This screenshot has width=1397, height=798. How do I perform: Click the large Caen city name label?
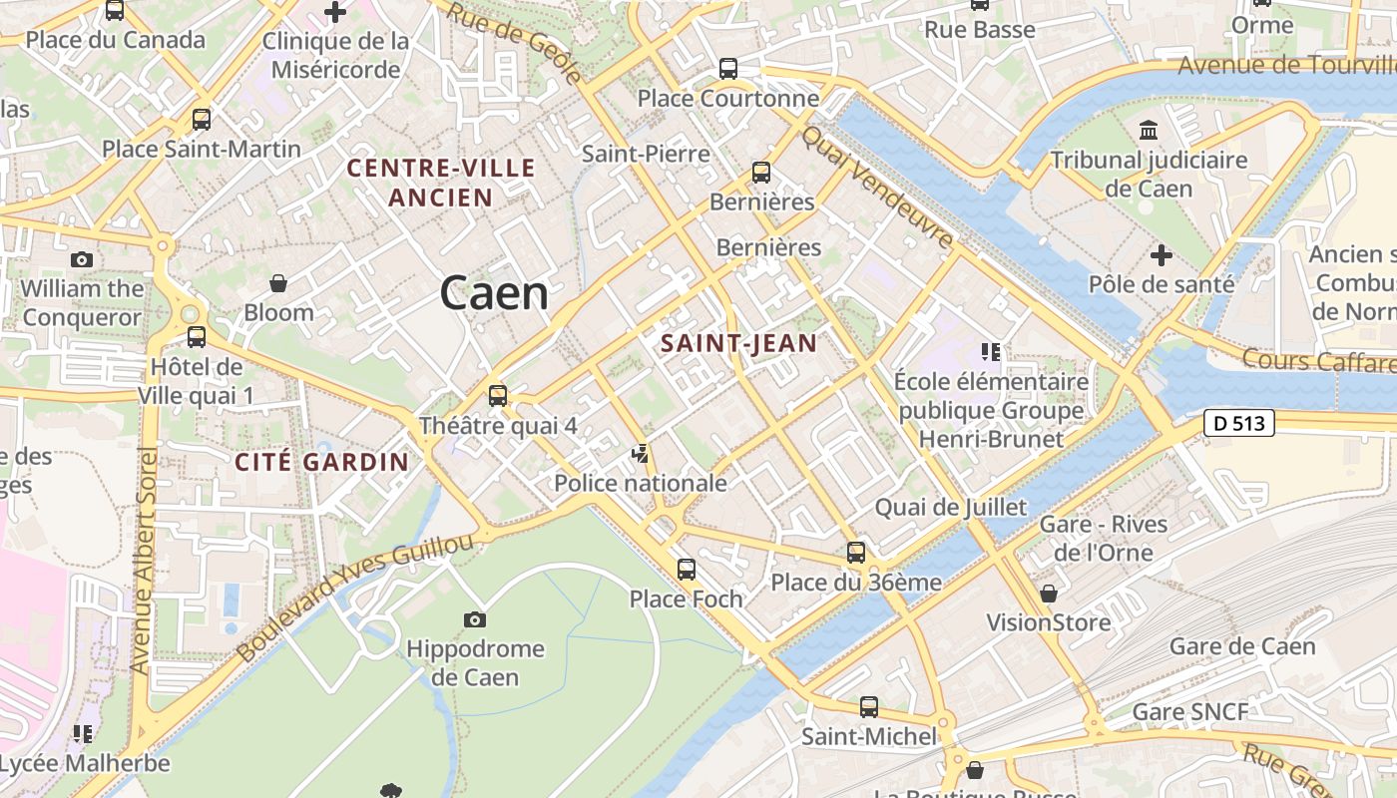pos(494,294)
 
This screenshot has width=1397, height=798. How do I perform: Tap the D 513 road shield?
pos(1239,423)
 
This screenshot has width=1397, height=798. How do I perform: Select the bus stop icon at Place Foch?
pos(687,570)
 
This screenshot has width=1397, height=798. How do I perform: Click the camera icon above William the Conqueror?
pos(82,260)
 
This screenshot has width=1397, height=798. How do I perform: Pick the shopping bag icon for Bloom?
pos(278,284)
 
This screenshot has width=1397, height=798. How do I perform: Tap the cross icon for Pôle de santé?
pos(1161,255)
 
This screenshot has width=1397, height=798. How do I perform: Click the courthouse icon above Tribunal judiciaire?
pos(1149,131)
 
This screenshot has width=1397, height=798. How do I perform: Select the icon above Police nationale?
pos(641,455)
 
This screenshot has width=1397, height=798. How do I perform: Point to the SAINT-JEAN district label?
pos(738,344)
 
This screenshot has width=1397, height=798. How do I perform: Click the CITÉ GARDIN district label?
pos(321,462)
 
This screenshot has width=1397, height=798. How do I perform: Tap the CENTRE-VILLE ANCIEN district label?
pos(441,183)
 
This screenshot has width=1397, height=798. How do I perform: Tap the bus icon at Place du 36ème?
pos(856,552)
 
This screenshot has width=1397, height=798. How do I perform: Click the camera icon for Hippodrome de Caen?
pos(475,620)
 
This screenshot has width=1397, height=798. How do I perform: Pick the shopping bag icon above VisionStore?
pos(1048,594)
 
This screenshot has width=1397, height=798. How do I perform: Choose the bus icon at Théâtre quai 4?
pos(498,396)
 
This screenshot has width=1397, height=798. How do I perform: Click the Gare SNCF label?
pos(1189,712)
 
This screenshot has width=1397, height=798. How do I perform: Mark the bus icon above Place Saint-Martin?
pos(202,121)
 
